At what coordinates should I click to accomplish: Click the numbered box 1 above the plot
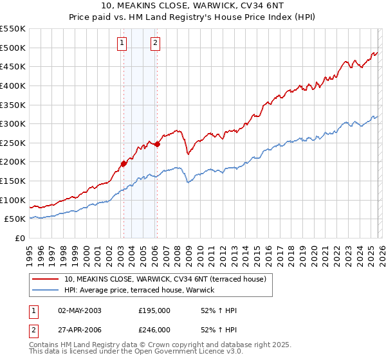click(x=122, y=43)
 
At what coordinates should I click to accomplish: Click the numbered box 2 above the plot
click(x=156, y=43)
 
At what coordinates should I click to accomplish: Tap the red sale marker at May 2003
click(x=124, y=163)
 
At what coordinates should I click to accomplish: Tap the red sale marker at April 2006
click(x=157, y=144)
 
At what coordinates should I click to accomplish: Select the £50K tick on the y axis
click(x=15, y=219)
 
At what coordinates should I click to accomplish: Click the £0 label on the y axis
click(x=20, y=238)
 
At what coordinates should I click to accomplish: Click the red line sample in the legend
click(x=46, y=278)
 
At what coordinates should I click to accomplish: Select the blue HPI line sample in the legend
click(x=46, y=291)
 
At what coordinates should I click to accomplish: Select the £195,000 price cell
click(x=154, y=310)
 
